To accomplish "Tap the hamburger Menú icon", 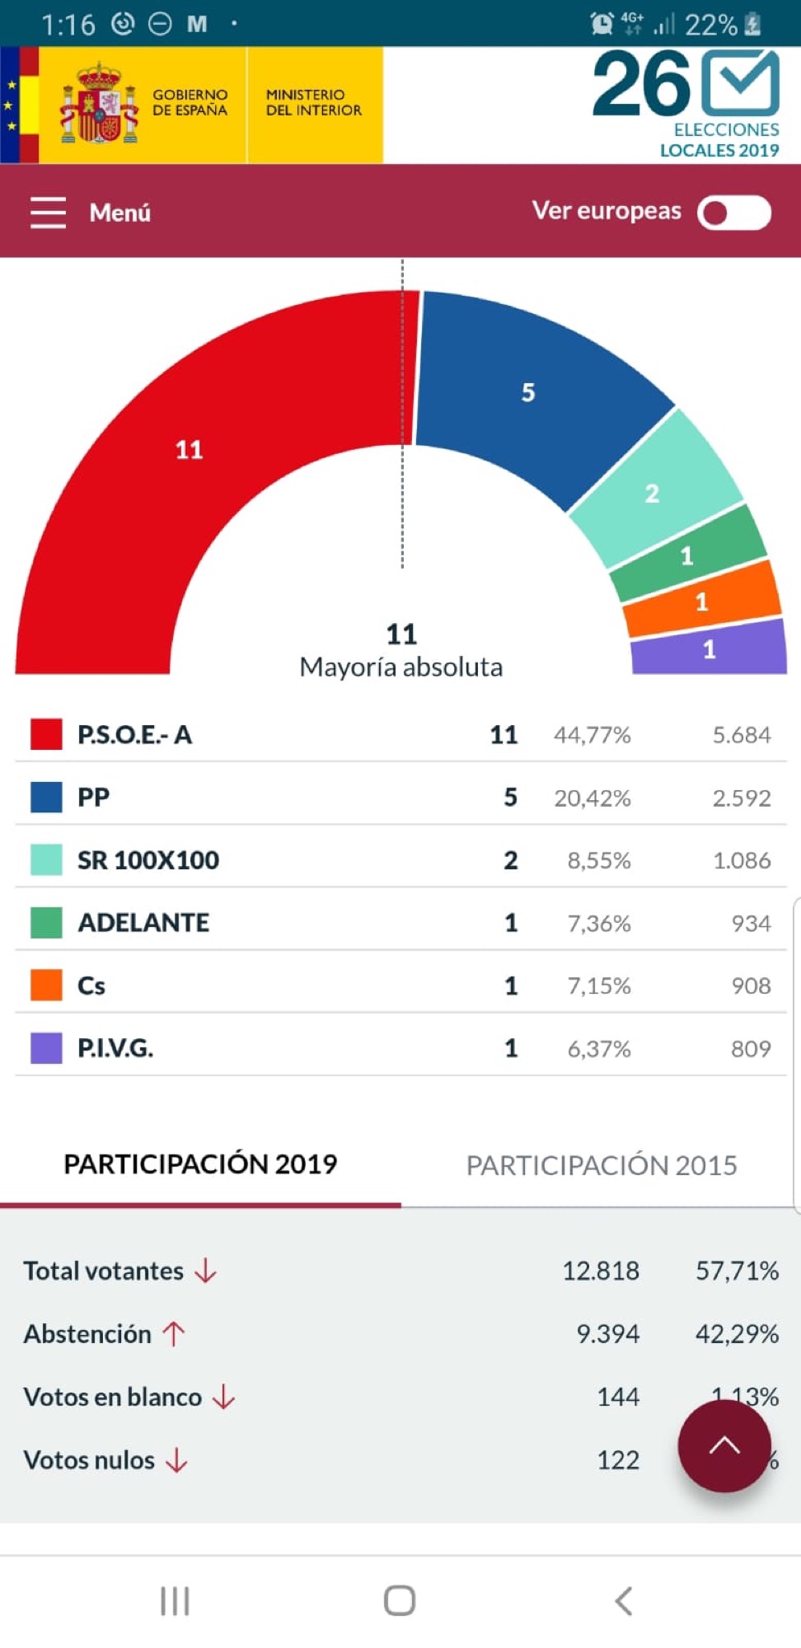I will click(x=48, y=213).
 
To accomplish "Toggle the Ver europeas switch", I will click(x=733, y=213).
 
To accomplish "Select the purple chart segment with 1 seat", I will click(x=709, y=650).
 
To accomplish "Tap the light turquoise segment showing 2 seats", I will click(x=653, y=492).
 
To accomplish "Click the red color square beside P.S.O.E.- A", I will click(x=46, y=734).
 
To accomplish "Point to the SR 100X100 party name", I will click(x=148, y=860).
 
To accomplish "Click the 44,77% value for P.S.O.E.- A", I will click(x=592, y=735).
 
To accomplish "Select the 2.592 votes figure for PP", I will click(x=742, y=798).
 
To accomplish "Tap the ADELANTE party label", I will click(x=143, y=923).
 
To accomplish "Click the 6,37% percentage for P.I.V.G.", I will click(x=599, y=1049).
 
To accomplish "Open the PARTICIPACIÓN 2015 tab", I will click(x=602, y=1165).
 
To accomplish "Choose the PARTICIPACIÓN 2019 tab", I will click(x=200, y=1164).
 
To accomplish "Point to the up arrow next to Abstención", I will click(x=173, y=1334).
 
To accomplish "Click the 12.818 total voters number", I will click(x=601, y=1271).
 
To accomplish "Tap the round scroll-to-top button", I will click(x=724, y=1445).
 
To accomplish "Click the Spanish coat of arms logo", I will click(x=99, y=105).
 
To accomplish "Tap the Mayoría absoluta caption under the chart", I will click(x=400, y=667).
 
